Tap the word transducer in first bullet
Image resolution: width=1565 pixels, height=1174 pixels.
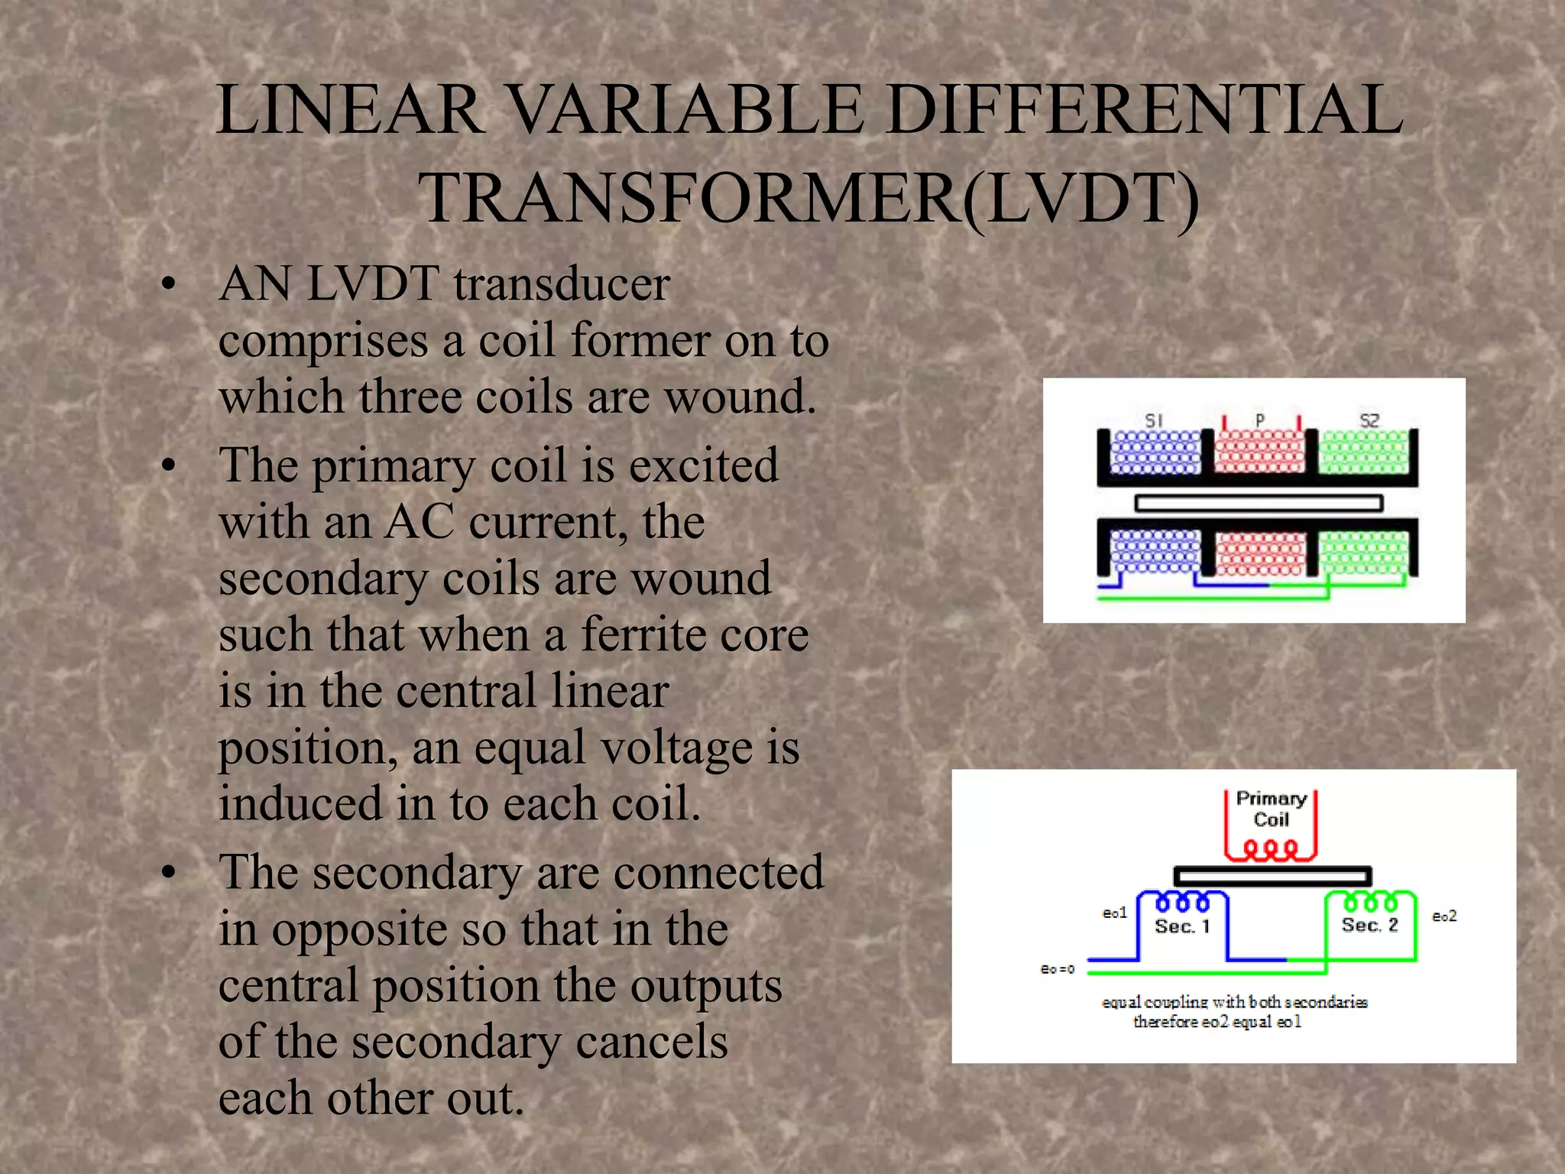tap(562, 284)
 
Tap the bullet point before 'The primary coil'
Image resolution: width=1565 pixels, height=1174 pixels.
tap(169, 465)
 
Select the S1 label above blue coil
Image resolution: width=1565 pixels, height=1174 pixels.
tap(1153, 420)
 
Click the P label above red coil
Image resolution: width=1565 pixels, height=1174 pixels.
tap(1260, 420)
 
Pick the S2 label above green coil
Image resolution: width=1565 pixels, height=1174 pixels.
tap(1369, 420)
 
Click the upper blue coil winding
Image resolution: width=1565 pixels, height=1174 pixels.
tap(1155, 452)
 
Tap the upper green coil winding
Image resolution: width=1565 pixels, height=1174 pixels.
tap(1363, 452)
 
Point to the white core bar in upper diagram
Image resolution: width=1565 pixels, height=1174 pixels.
tap(1259, 503)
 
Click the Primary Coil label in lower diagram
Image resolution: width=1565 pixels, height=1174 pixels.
tap(1271, 809)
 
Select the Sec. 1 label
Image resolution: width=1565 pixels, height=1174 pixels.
tap(1182, 927)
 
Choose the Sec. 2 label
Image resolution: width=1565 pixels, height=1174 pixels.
tap(1369, 926)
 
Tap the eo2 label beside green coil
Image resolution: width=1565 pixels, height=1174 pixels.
tap(1443, 916)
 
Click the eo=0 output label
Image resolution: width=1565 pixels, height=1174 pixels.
tap(1058, 969)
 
